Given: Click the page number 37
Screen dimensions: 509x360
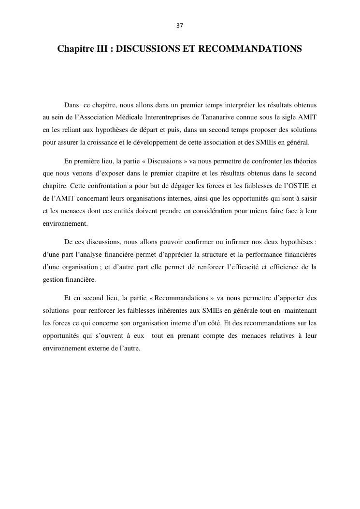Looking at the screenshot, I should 180,26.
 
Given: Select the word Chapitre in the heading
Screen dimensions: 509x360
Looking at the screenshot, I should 75,49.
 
